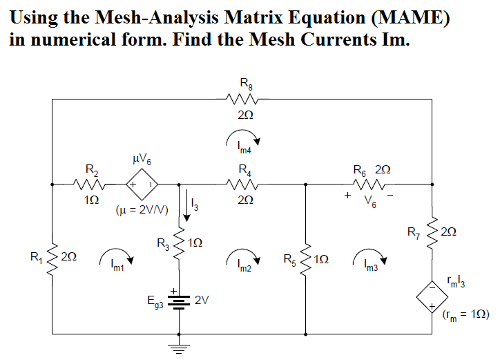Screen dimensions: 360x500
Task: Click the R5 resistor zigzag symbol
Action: click(x=306, y=260)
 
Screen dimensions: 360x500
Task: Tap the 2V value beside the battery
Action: click(x=202, y=301)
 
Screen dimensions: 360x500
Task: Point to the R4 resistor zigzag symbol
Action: click(x=244, y=184)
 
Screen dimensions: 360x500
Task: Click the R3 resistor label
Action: click(x=162, y=243)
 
